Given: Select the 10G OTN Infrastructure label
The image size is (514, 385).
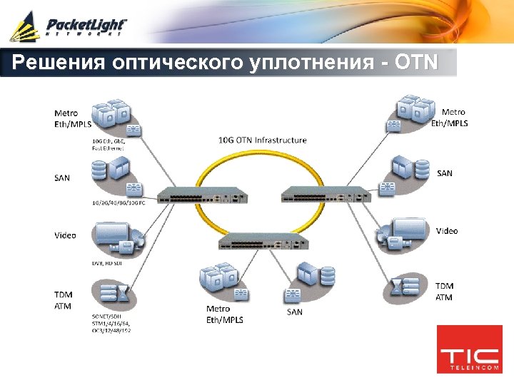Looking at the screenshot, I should (262, 140).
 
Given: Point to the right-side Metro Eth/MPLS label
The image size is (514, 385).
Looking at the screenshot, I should (450, 117).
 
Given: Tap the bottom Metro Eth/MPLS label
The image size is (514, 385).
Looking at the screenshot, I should (224, 314).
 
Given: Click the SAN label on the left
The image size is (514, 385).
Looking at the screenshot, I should (62, 178).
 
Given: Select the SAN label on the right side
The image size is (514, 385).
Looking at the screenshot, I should (444, 173).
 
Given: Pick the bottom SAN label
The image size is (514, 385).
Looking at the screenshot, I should (294, 312).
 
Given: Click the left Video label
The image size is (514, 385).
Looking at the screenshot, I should (65, 235).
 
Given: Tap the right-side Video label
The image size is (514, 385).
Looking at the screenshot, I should (447, 231).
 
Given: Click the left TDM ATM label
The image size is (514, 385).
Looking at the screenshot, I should (63, 299).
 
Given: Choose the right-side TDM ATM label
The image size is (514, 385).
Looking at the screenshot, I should (444, 292).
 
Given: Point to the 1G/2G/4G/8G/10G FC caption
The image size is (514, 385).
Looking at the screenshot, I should (118, 203).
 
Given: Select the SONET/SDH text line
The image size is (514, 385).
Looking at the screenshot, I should (107, 316).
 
